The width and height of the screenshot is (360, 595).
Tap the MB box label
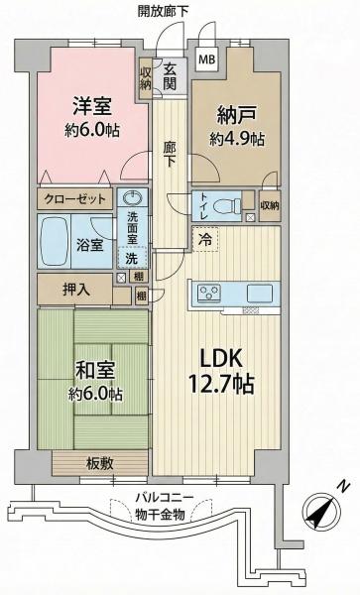[208, 59]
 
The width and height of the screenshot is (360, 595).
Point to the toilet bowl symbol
[226, 207]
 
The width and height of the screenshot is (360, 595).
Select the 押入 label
[72, 289]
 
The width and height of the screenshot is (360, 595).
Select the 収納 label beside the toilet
[269, 206]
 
